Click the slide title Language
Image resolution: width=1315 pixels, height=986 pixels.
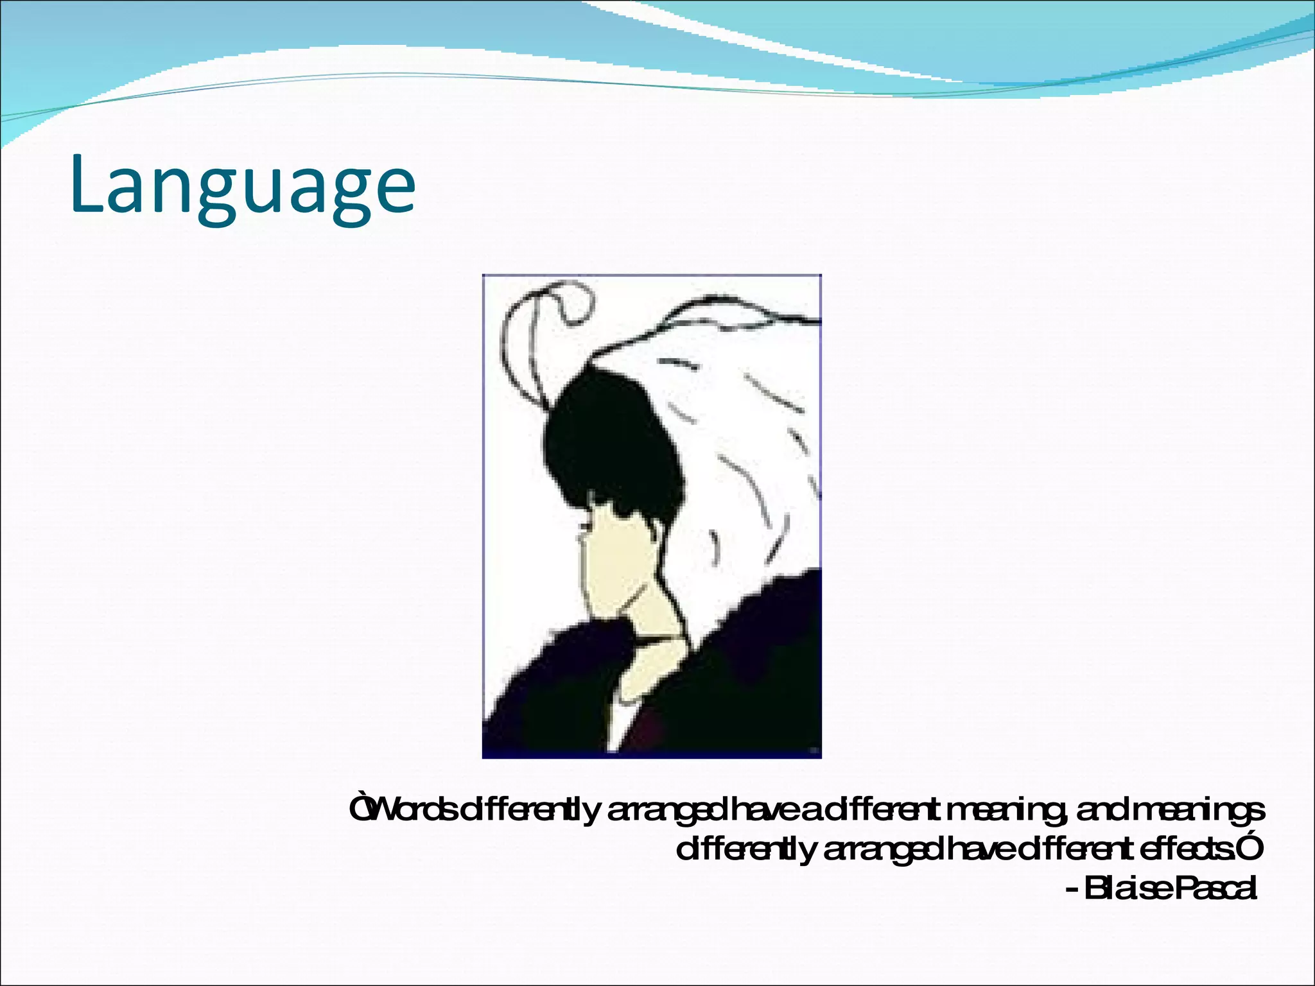click(243, 186)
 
